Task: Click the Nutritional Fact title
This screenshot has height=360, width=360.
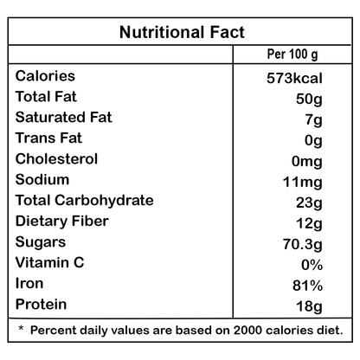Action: [x=182, y=32]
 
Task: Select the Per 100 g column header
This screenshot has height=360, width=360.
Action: [x=292, y=55]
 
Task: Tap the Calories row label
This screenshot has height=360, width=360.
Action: [x=45, y=76]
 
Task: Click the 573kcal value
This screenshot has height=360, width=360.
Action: [x=294, y=78]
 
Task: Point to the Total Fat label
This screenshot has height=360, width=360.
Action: [x=46, y=97]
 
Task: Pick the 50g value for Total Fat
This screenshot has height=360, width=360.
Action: [x=309, y=100]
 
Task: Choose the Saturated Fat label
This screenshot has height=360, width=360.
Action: [x=64, y=118]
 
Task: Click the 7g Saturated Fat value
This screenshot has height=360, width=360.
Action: [x=314, y=120]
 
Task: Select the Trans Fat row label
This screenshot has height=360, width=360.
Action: [x=48, y=138]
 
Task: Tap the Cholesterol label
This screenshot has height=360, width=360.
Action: [x=56, y=159]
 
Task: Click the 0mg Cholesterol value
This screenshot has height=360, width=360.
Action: [x=307, y=162]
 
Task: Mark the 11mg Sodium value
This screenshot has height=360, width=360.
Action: [x=303, y=183]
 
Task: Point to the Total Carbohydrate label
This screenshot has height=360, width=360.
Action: [x=85, y=201]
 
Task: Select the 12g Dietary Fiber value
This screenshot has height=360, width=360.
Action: [x=309, y=224]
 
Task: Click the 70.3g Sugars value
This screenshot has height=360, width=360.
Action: [x=303, y=245]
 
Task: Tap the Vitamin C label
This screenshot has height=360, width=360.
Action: [x=49, y=263]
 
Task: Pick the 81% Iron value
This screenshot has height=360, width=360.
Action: [x=307, y=286]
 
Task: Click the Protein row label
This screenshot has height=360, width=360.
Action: [x=41, y=305]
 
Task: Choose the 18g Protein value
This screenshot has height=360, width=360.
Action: [x=309, y=307]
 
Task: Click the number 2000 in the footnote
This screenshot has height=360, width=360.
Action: [x=248, y=331]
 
